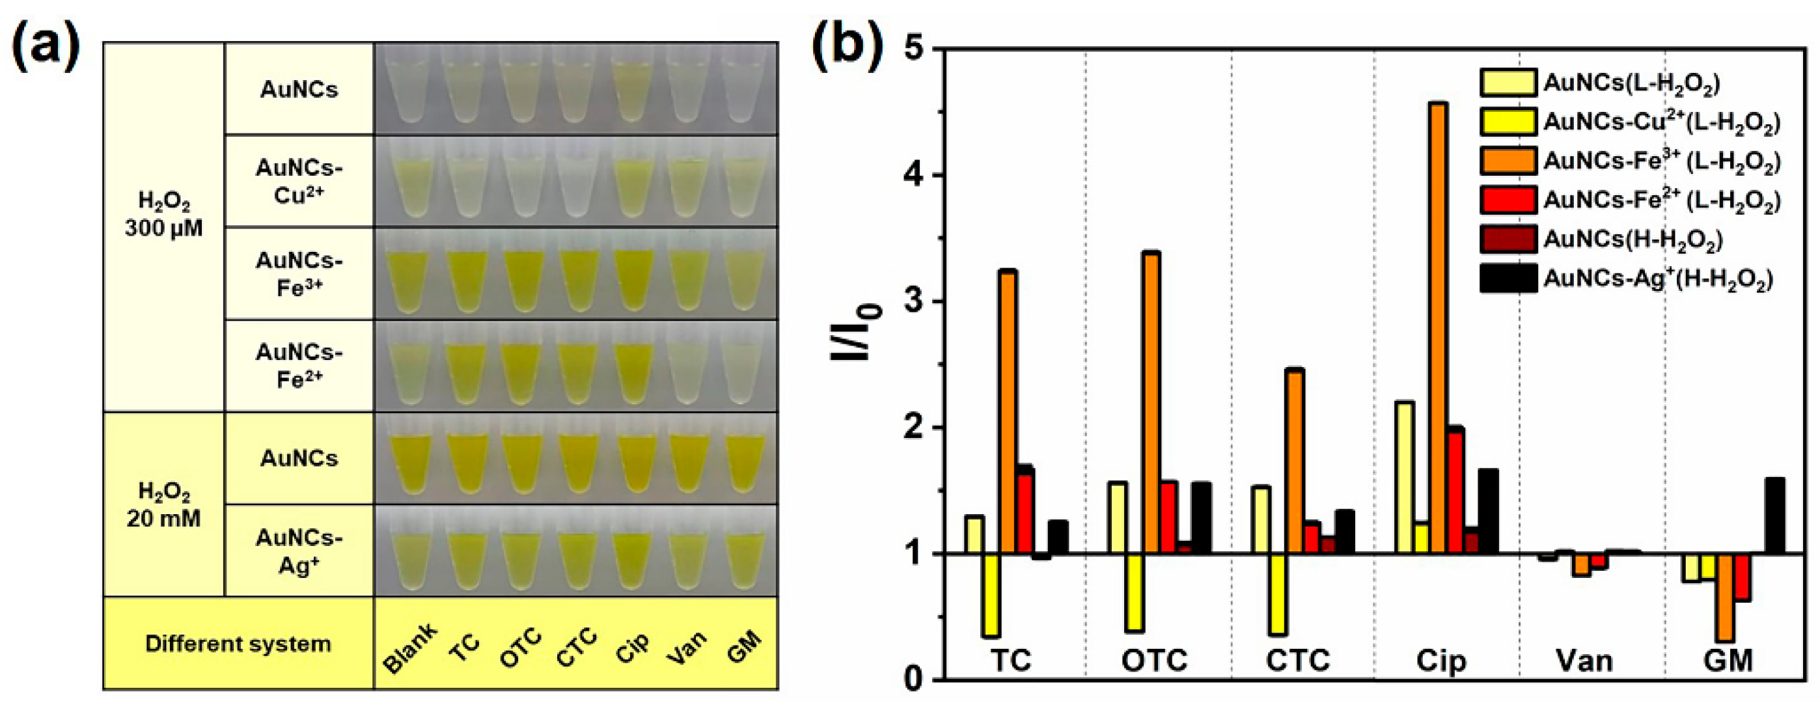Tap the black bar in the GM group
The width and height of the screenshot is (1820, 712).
(x=1774, y=516)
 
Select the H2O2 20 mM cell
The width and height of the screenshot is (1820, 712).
(x=164, y=504)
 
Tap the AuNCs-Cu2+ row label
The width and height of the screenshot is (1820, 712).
(x=299, y=182)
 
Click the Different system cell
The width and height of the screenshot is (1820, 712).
(x=238, y=644)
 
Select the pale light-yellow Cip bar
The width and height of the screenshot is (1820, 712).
(x=1404, y=478)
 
